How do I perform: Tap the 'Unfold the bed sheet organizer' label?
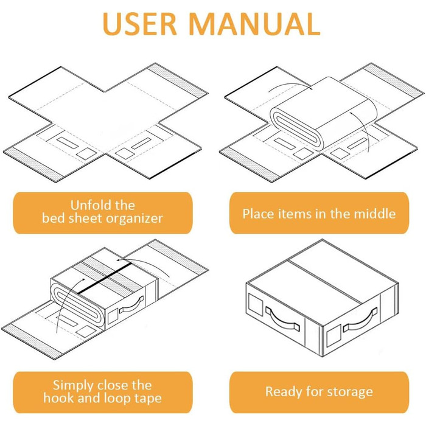(x=102, y=212)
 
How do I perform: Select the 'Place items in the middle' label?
(x=319, y=213)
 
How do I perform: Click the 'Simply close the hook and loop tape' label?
(x=102, y=391)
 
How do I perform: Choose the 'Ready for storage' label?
(x=319, y=391)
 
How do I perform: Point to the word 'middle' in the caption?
(x=375, y=214)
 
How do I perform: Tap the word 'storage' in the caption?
(x=347, y=392)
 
